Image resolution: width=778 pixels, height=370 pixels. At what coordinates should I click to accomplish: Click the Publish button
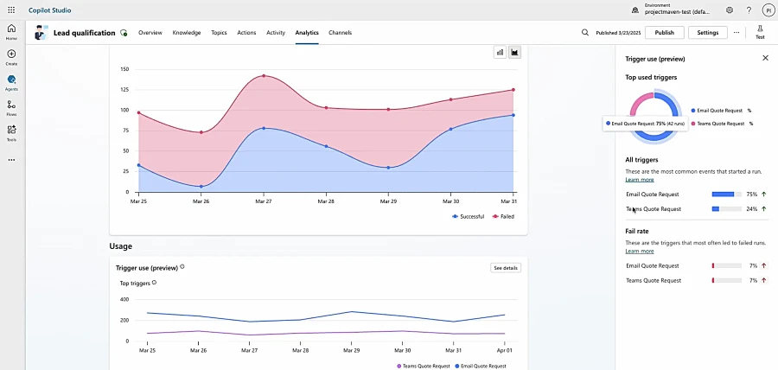(664, 33)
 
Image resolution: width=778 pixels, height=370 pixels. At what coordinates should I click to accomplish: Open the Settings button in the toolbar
(707, 33)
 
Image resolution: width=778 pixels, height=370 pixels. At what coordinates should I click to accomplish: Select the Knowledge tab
(186, 33)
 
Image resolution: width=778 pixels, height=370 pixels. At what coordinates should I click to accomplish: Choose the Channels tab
(340, 33)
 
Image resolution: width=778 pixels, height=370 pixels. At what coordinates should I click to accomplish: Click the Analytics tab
(307, 33)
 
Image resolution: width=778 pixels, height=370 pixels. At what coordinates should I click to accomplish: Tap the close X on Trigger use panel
(765, 58)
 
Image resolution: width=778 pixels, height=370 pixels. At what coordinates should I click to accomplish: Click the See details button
(505, 268)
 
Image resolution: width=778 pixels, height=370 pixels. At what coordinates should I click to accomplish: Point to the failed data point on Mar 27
(264, 76)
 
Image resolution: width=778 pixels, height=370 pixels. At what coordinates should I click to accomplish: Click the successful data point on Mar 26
(201, 186)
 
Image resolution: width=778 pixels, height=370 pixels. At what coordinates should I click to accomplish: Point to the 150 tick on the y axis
(124, 69)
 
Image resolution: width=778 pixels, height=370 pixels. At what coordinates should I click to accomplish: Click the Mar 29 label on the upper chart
(388, 201)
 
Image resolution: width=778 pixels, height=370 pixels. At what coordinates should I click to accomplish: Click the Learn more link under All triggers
(639, 180)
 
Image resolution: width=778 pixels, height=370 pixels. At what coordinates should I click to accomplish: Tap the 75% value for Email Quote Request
(751, 195)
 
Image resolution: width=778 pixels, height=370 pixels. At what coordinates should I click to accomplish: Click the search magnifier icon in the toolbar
(585, 33)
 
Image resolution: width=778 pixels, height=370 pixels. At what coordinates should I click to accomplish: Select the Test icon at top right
(760, 32)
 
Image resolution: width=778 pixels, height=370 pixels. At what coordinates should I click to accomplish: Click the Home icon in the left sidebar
(11, 32)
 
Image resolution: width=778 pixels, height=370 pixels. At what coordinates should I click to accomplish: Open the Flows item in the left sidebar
(11, 107)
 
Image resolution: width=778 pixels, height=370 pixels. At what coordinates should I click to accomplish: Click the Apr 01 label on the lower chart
(505, 351)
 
